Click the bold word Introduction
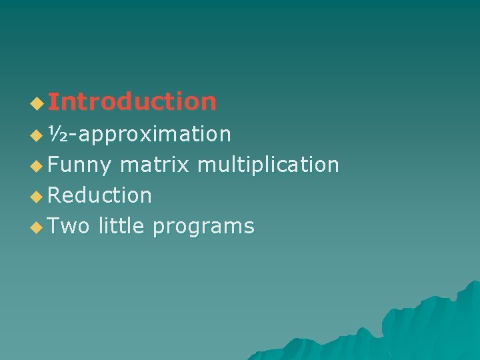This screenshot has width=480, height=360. [x=132, y=102]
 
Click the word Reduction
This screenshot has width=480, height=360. [x=100, y=195]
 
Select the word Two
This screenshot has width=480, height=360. [x=69, y=227]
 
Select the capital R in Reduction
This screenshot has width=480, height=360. [x=55, y=195]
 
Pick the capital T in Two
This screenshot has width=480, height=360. [x=55, y=227]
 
